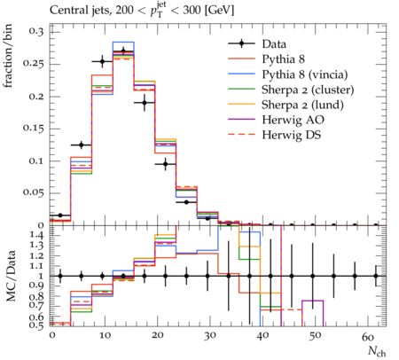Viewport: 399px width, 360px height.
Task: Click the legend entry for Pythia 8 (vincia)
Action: pyautogui.click(x=305, y=74)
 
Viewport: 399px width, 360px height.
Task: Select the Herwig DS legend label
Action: pyautogui.click(x=292, y=135)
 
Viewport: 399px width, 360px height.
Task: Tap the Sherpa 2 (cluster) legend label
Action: pyautogui.click(x=308, y=90)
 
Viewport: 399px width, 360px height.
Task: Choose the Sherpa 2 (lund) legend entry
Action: pyautogui.click(x=302, y=105)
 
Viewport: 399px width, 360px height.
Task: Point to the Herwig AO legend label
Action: pyautogui.click(x=293, y=120)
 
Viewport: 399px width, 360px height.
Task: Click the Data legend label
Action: pyautogui.click(x=274, y=44)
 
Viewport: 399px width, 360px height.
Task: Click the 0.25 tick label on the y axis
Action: pyautogui.click(x=33, y=64)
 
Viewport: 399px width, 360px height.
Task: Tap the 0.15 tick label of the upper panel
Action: pyautogui.click(x=33, y=129)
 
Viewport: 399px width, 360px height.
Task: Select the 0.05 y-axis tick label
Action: pyautogui.click(x=33, y=192)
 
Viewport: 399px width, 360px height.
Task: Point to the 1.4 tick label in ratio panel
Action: pyautogui.click(x=36, y=236)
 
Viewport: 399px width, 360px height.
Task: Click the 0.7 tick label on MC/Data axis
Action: pyautogui.click(x=36, y=305)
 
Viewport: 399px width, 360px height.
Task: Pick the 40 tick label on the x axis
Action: pyautogui.click(x=262, y=336)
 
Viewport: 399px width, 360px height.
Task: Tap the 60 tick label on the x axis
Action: pyautogui.click(x=368, y=336)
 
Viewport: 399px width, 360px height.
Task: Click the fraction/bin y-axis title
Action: pyautogui.click(x=8, y=56)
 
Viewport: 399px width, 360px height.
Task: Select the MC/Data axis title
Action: pyautogui.click(x=11, y=276)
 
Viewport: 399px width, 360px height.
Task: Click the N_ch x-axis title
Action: pyautogui.click(x=377, y=351)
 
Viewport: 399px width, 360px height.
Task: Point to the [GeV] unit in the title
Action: pyautogui.click(x=219, y=11)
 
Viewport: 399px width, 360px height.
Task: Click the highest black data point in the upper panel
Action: pyautogui.click(x=123, y=51)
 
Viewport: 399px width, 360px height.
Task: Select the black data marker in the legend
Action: pyautogui.click(x=241, y=43)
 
